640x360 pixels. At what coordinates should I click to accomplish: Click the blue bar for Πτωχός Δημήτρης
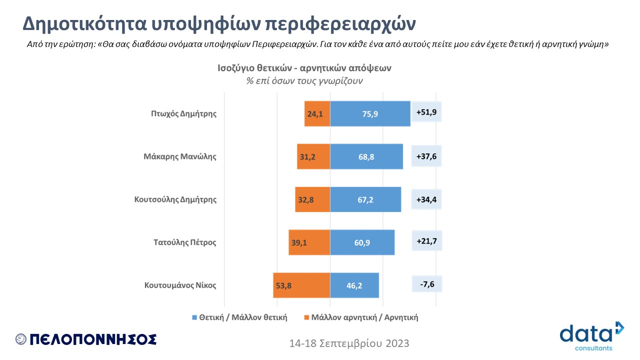370,113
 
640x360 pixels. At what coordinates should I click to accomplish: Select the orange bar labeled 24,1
317,113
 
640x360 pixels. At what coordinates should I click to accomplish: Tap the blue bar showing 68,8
366,156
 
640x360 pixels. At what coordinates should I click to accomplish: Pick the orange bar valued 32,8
312,199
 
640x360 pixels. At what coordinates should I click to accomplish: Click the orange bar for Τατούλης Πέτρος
309,242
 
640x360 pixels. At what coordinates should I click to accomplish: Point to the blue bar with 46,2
354,285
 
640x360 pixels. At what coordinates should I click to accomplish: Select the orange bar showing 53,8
301,285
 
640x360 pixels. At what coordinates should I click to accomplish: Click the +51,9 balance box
426,112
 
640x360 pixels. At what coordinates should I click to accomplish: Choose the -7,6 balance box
426,284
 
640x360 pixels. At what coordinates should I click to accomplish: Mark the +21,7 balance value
426,241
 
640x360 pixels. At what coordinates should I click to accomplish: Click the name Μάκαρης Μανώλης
179,156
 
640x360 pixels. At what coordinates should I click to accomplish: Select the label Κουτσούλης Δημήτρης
175,199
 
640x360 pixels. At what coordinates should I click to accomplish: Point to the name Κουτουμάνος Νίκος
180,285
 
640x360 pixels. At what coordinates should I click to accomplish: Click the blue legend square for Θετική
195,317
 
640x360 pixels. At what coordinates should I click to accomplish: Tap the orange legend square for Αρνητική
306,317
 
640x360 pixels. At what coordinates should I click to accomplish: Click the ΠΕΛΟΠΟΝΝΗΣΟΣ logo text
93,339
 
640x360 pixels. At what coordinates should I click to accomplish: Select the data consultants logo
592,335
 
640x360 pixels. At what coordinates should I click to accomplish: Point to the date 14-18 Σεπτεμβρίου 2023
349,343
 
